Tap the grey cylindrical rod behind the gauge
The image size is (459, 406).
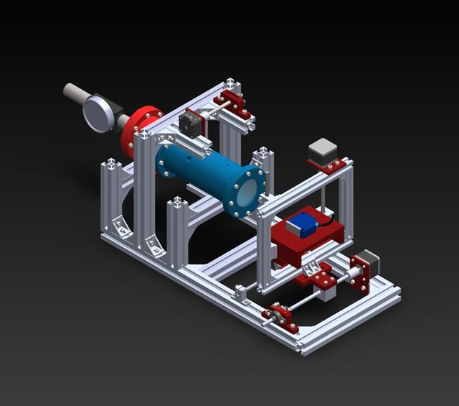click(73, 93)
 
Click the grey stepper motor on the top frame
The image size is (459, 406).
click(322, 151)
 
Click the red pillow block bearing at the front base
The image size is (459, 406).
click(280, 317)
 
